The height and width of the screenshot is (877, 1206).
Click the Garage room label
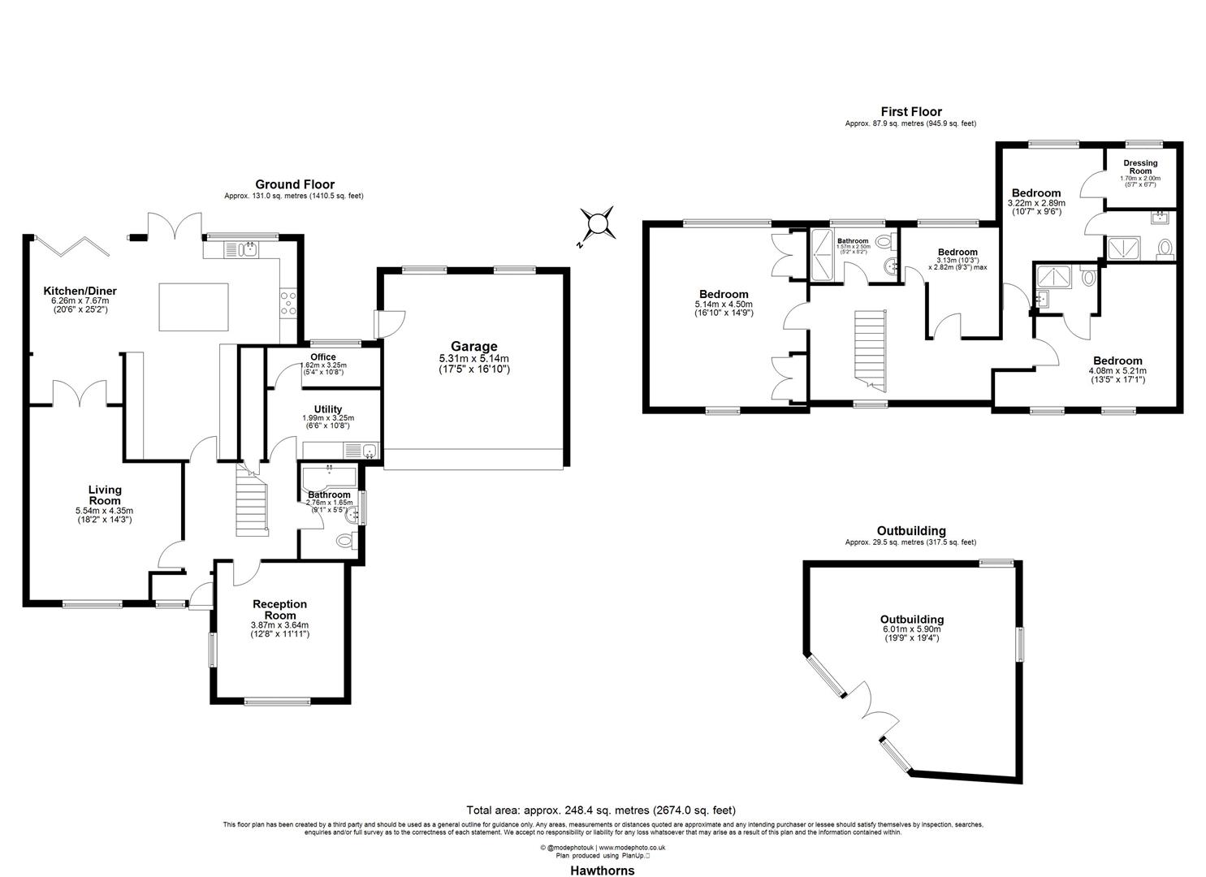pos(473,347)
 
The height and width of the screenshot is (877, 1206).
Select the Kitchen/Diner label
pos(80,291)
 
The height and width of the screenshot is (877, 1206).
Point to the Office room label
pos(322,357)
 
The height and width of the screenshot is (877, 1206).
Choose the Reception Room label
pos(279,609)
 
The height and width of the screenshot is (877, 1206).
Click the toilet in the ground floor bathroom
pos(344,541)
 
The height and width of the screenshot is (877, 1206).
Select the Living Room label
pos(105,495)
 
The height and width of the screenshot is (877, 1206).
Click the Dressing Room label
pos(1140,167)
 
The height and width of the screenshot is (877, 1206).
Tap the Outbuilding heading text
pos(910,531)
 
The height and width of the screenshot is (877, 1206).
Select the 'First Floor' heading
pos(911,112)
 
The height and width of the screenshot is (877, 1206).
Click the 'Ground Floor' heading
pos(295,184)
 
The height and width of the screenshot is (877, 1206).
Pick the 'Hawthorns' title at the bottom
pos(601,871)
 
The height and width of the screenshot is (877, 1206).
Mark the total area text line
pos(601,810)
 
